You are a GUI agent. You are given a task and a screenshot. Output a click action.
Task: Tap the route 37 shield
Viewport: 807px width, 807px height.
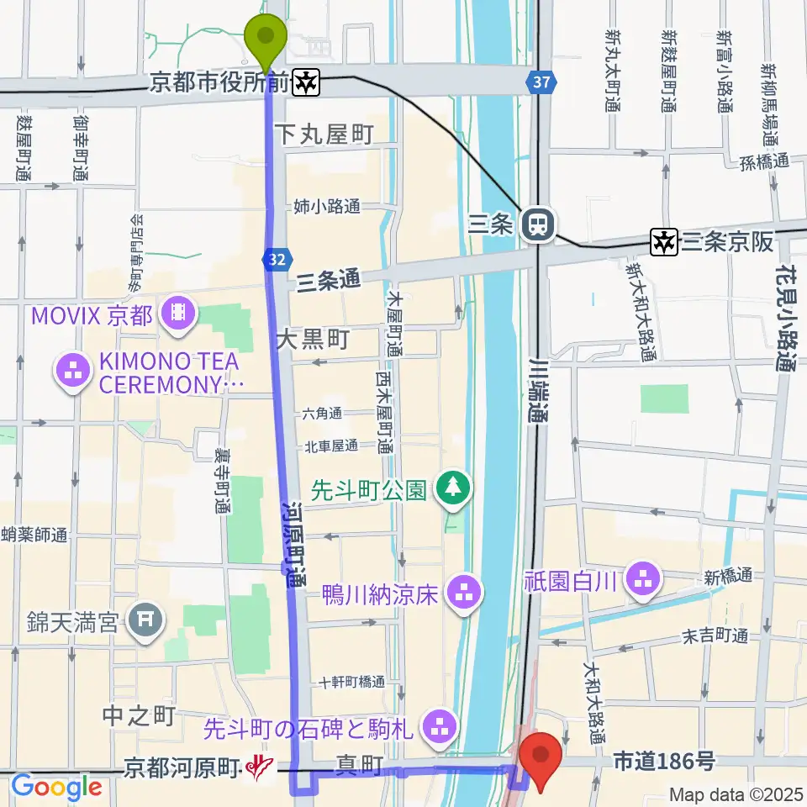click(542, 82)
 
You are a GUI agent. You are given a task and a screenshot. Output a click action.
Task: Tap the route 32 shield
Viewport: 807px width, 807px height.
click(275, 260)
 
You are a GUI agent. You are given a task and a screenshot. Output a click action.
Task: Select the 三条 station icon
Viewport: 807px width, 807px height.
click(535, 224)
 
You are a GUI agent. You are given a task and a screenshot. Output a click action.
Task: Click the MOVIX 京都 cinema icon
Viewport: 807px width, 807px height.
click(180, 314)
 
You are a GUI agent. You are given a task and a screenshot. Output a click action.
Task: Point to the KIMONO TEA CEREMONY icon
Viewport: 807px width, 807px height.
click(72, 372)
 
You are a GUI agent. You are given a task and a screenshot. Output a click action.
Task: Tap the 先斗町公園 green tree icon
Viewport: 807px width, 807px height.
click(453, 488)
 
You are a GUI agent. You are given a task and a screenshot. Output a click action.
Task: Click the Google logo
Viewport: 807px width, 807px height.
click(56, 788)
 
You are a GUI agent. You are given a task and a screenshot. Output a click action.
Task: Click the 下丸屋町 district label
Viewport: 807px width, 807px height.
click(324, 134)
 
